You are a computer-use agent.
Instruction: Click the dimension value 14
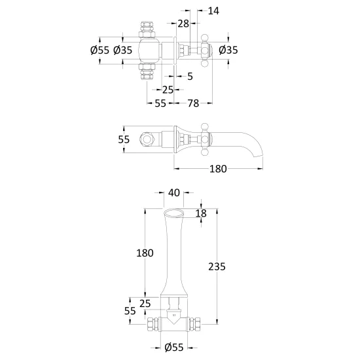click(213, 10)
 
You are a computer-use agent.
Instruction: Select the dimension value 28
click(183, 24)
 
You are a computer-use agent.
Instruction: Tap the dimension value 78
click(193, 103)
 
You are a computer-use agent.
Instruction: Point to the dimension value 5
click(190, 77)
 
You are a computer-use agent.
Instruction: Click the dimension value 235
click(217, 267)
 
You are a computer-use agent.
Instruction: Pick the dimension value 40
click(174, 193)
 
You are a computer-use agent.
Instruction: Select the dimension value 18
click(201, 213)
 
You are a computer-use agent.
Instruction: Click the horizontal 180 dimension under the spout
click(218, 169)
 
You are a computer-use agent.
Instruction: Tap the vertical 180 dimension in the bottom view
click(145, 253)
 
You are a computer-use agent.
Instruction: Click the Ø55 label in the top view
click(100, 50)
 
